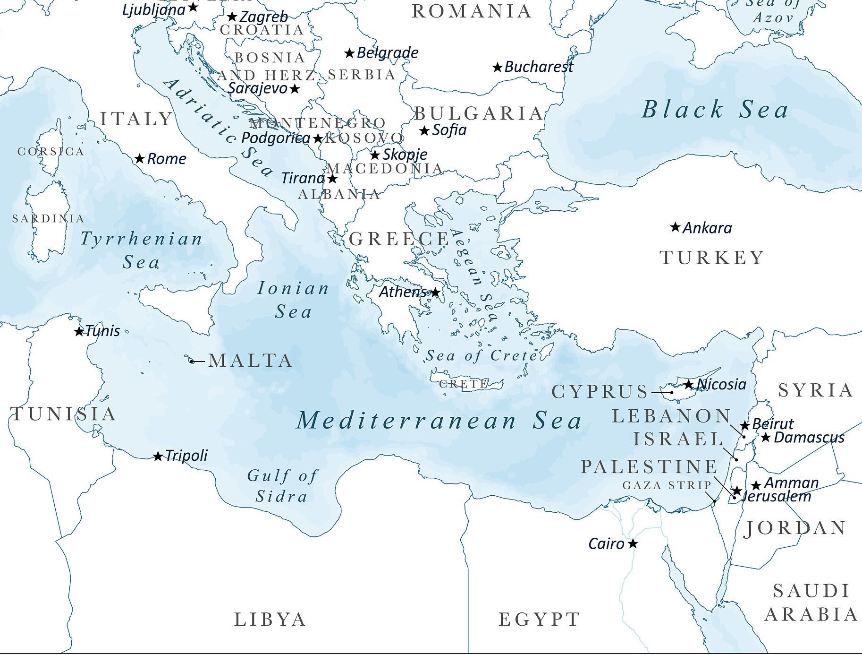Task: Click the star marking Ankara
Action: point(676,227)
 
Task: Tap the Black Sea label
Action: point(715,110)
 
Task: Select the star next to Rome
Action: point(139,159)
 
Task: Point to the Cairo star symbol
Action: point(633,544)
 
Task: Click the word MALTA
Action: point(250,361)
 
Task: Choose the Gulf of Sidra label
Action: point(282,486)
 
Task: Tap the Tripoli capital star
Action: point(158,457)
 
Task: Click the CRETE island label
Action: point(464,384)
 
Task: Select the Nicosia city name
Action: point(722,384)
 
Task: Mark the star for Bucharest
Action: point(497,68)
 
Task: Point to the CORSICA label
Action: point(51,152)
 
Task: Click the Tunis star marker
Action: point(79,332)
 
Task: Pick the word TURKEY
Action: point(711,258)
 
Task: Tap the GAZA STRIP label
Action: point(667,485)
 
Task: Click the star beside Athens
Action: point(435,293)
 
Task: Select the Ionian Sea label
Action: point(293,300)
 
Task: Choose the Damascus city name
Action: point(809,438)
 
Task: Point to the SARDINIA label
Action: point(48,219)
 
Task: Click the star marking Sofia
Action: point(424,130)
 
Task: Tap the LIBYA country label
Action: point(270,620)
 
